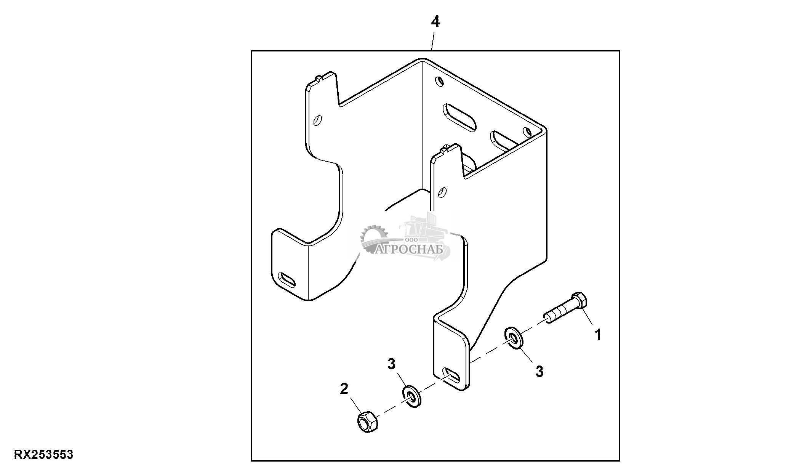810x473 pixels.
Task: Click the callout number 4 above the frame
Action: point(435,22)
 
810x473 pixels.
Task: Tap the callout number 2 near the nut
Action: point(344,389)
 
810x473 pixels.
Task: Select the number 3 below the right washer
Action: point(539,371)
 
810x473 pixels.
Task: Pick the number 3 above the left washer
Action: point(391,364)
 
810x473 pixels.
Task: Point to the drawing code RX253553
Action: point(43,455)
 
